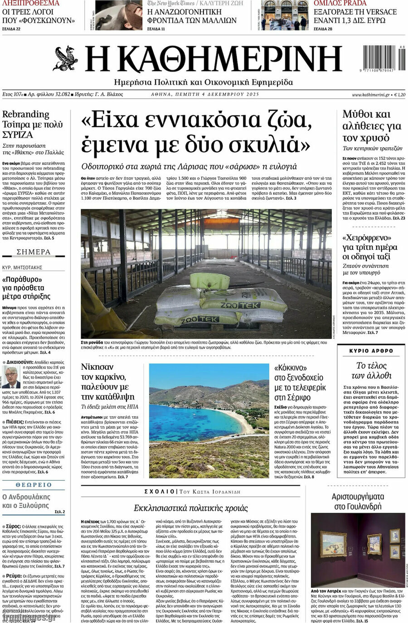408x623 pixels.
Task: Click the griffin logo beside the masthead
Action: pyautogui.click(x=66, y=59)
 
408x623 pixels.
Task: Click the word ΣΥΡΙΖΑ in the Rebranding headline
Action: pyautogui.click(x=18, y=135)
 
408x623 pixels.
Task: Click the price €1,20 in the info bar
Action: pyautogui.click(x=399, y=95)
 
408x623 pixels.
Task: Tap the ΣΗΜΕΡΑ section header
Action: pyautogui.click(x=34, y=252)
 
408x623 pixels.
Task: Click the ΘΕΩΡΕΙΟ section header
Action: pyautogui.click(x=34, y=485)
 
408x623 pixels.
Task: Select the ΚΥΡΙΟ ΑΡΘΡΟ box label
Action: pyautogui.click(x=371, y=351)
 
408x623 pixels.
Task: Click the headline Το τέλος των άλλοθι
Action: pyautogui.click(x=371, y=370)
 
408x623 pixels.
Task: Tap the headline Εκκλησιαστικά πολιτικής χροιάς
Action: pyautogui.click(x=191, y=507)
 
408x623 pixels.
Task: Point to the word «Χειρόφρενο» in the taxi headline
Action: pyautogui.click(x=367, y=237)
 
